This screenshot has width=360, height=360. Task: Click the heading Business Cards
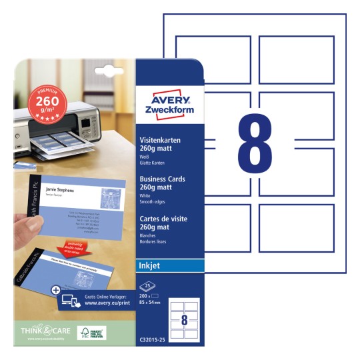[x=162, y=179]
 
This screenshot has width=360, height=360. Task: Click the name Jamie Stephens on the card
[x=57, y=191]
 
